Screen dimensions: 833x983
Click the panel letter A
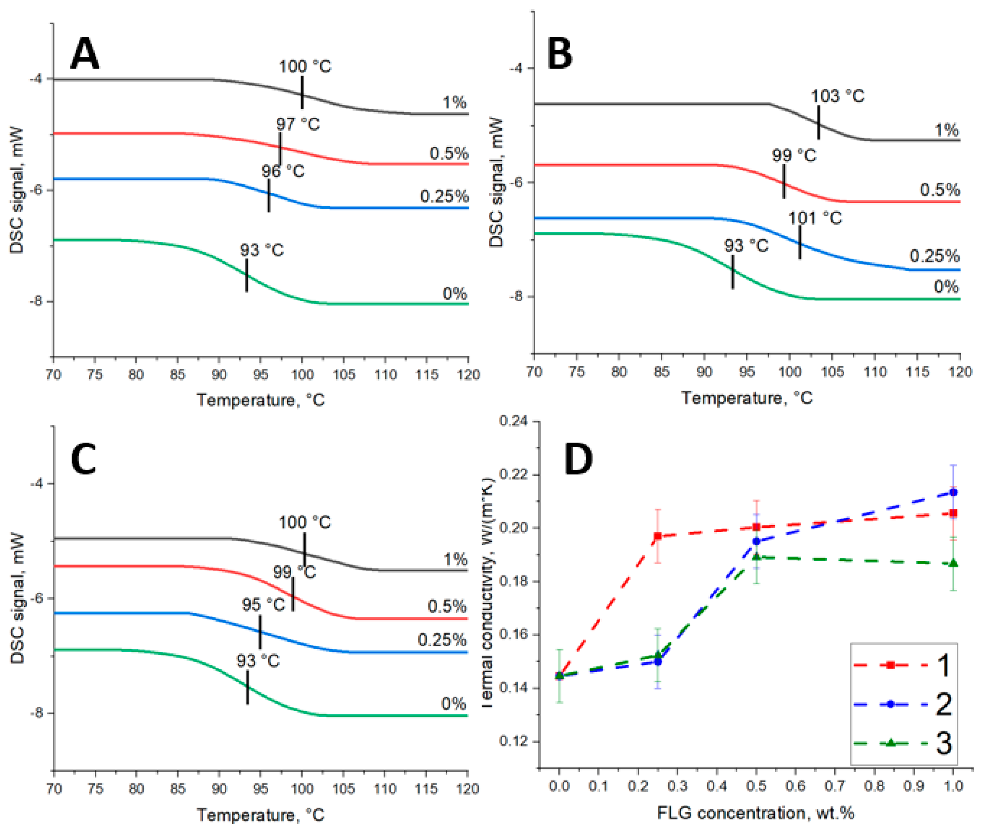(85, 54)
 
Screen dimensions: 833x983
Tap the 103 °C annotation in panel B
(837, 96)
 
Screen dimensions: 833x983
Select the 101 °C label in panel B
(815, 218)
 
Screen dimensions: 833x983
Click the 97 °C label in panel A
(298, 124)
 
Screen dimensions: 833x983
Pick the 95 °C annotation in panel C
(263, 605)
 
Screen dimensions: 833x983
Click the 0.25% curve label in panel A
(444, 196)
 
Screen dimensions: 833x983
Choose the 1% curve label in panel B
(947, 130)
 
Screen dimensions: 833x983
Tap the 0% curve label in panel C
(453, 704)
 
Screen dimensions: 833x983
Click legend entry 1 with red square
(902, 665)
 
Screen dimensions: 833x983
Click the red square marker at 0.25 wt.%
(657, 536)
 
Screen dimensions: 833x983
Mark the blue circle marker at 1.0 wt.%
(953, 492)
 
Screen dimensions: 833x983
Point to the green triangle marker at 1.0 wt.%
(953, 563)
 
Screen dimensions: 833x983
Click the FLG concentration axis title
(756, 813)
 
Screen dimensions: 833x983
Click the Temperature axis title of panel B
(746, 398)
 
